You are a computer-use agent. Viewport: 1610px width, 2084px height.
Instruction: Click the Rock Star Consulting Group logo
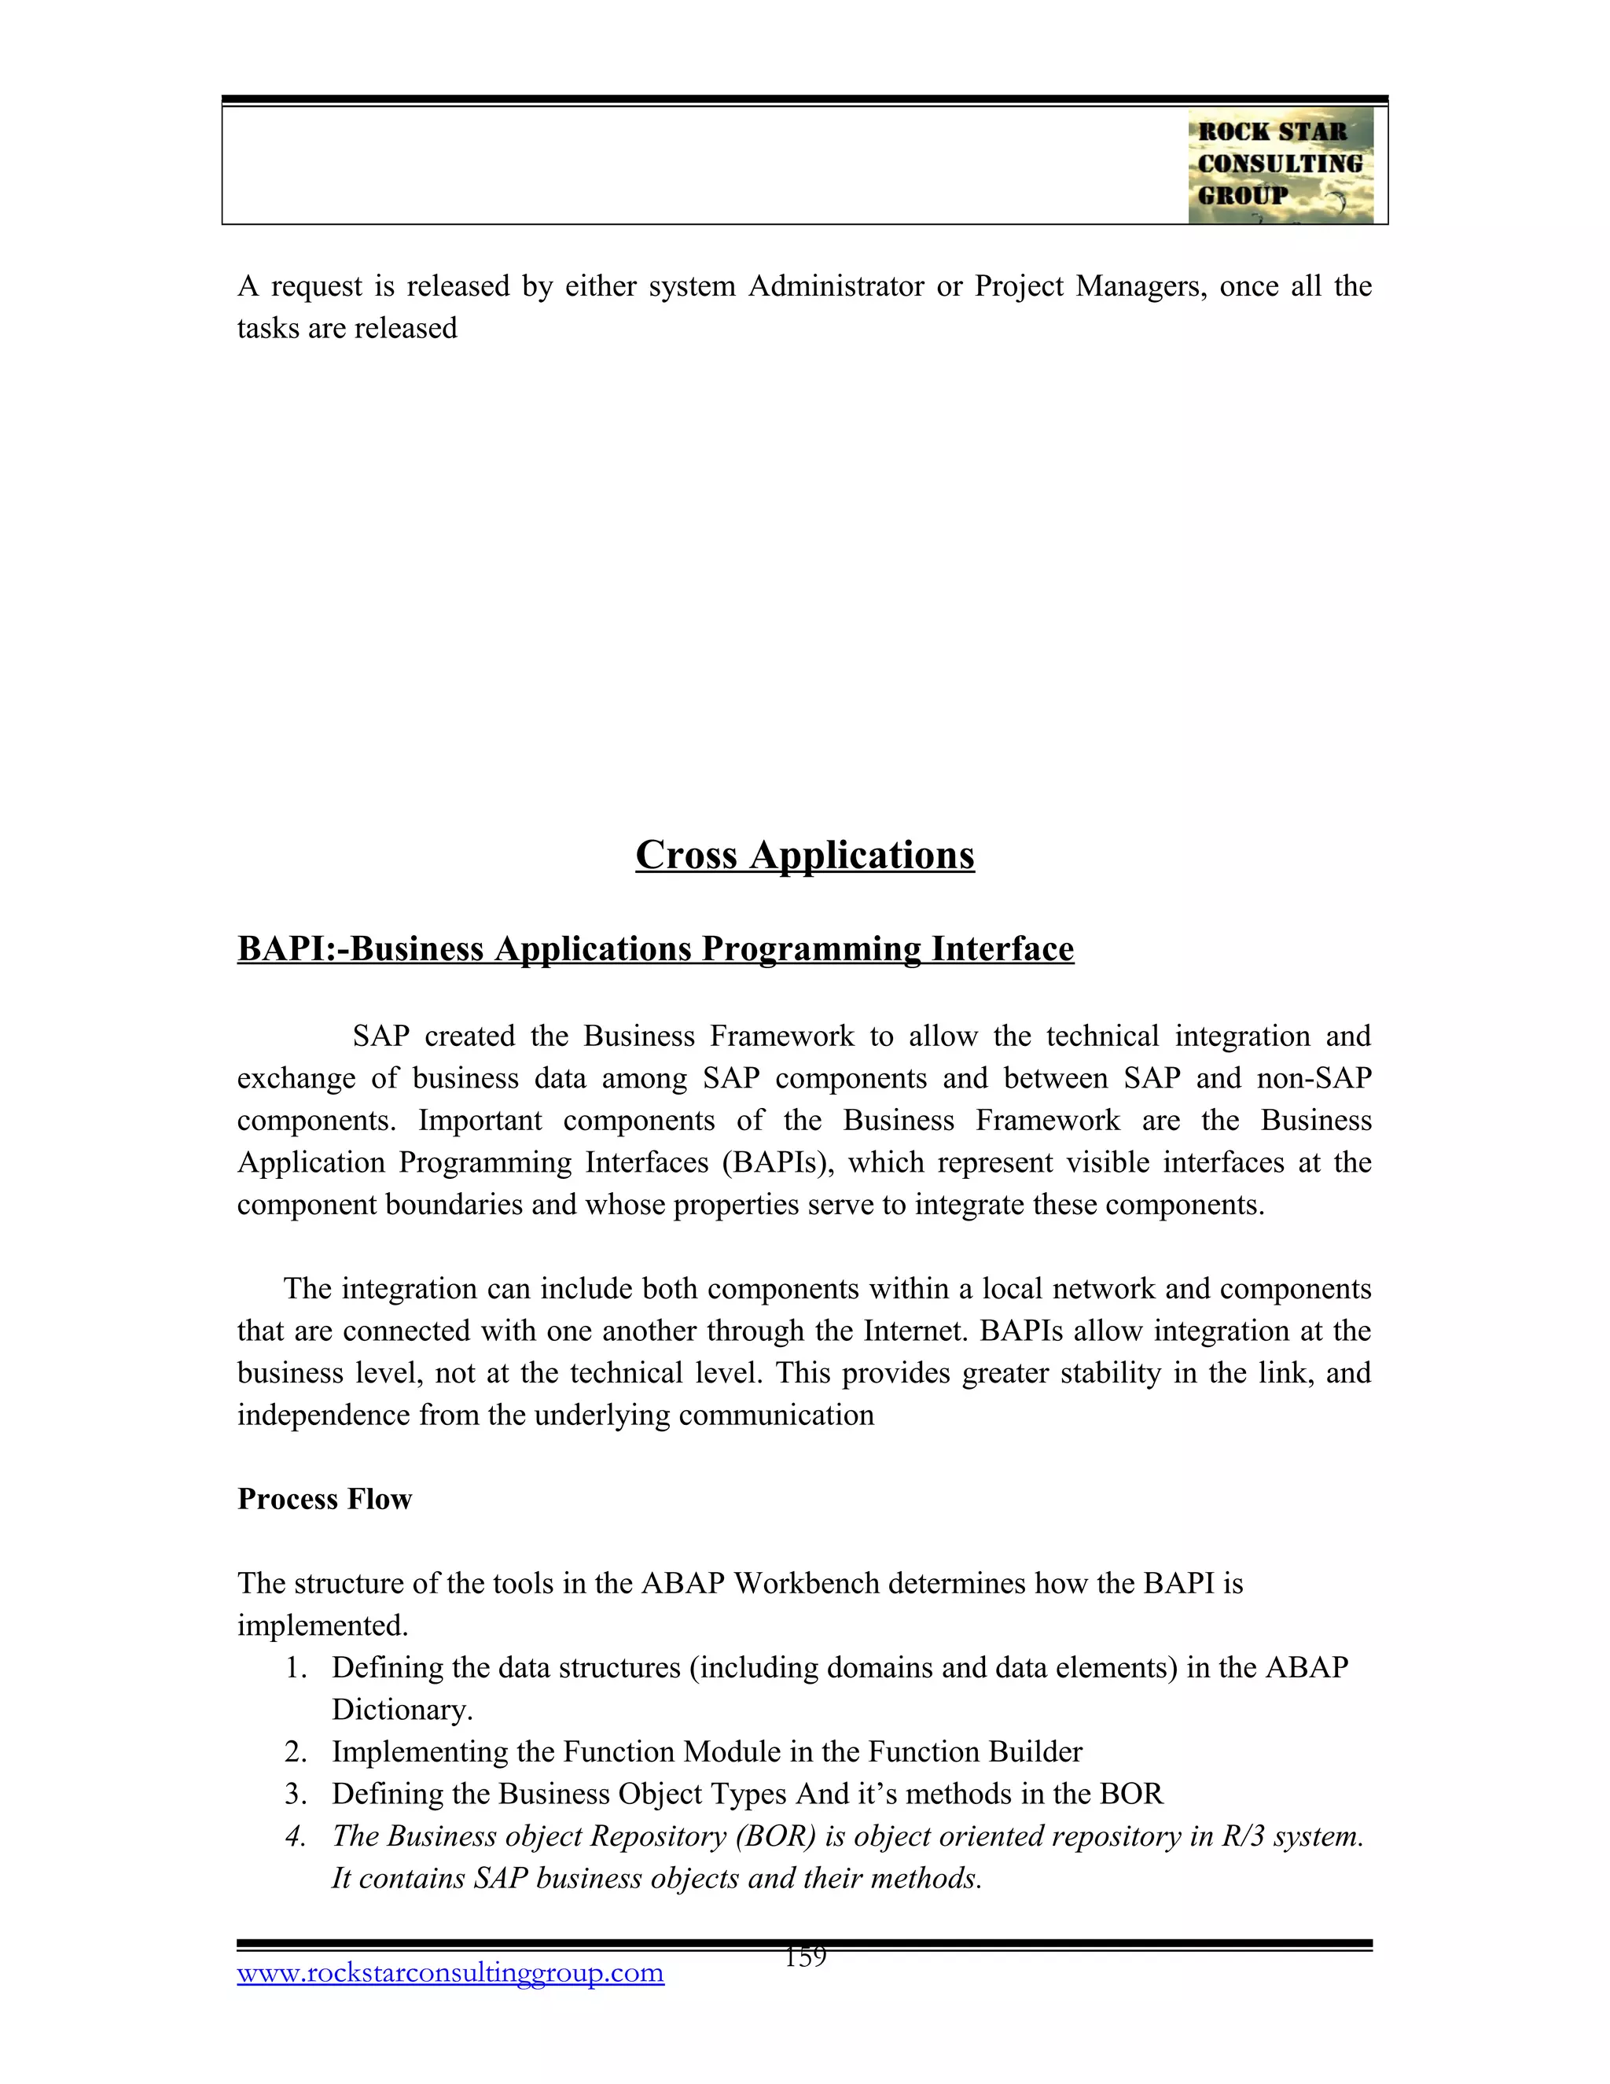coord(1280,165)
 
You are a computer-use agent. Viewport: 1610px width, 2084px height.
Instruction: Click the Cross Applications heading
coord(804,854)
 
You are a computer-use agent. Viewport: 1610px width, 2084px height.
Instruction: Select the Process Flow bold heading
coord(325,1499)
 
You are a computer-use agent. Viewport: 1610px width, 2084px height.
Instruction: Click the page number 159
coord(805,1957)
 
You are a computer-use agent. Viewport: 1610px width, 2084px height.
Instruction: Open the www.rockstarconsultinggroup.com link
coord(450,1972)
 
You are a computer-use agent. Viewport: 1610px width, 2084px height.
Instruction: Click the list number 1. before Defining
coord(296,1668)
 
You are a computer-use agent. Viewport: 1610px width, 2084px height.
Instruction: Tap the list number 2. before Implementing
coord(296,1752)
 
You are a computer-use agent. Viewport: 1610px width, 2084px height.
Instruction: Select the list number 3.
coord(296,1794)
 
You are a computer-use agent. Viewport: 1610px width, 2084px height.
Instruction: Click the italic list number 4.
coord(296,1836)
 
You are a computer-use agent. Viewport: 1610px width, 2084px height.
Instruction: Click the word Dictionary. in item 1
coord(402,1710)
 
